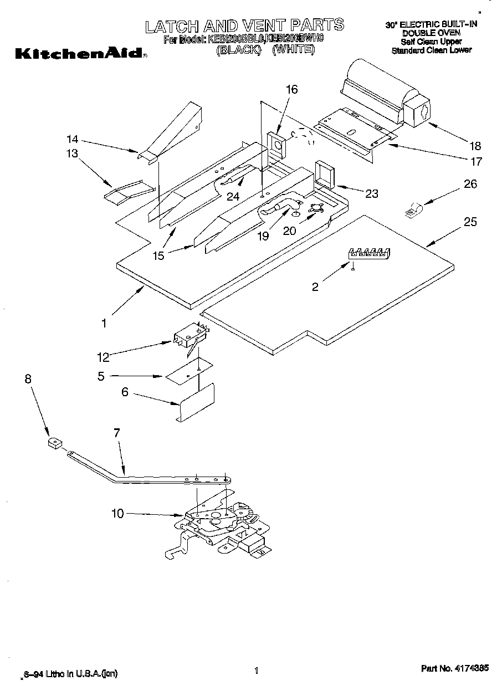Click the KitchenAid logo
80,54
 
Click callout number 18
475,146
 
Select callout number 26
470,185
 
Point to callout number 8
28,379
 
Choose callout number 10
117,514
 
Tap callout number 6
125,391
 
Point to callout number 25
470,222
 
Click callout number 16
291,90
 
